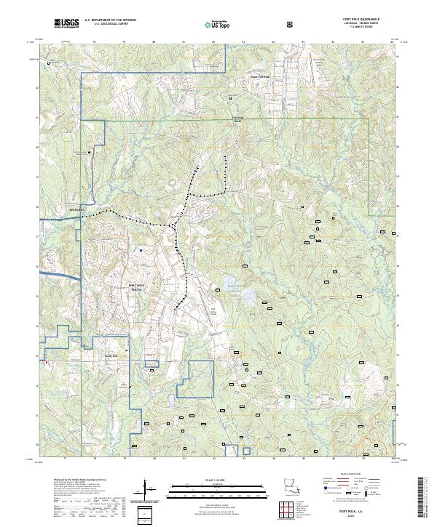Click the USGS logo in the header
pos(67,23)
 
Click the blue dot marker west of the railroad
pos(141,250)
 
